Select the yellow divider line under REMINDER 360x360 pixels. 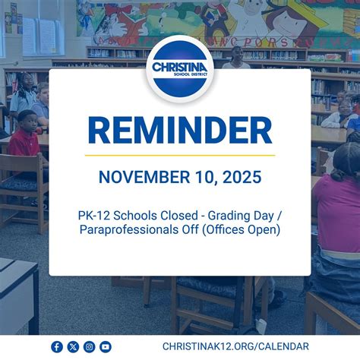pyautogui.click(x=180, y=156)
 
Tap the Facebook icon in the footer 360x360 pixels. pyautogui.click(x=57, y=346)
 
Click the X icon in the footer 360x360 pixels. pyautogui.click(x=73, y=346)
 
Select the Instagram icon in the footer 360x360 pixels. pyautogui.click(x=90, y=346)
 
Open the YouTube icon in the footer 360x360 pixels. pyautogui.click(x=106, y=346)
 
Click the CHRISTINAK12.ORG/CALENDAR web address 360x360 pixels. pyautogui.click(x=235, y=346)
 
